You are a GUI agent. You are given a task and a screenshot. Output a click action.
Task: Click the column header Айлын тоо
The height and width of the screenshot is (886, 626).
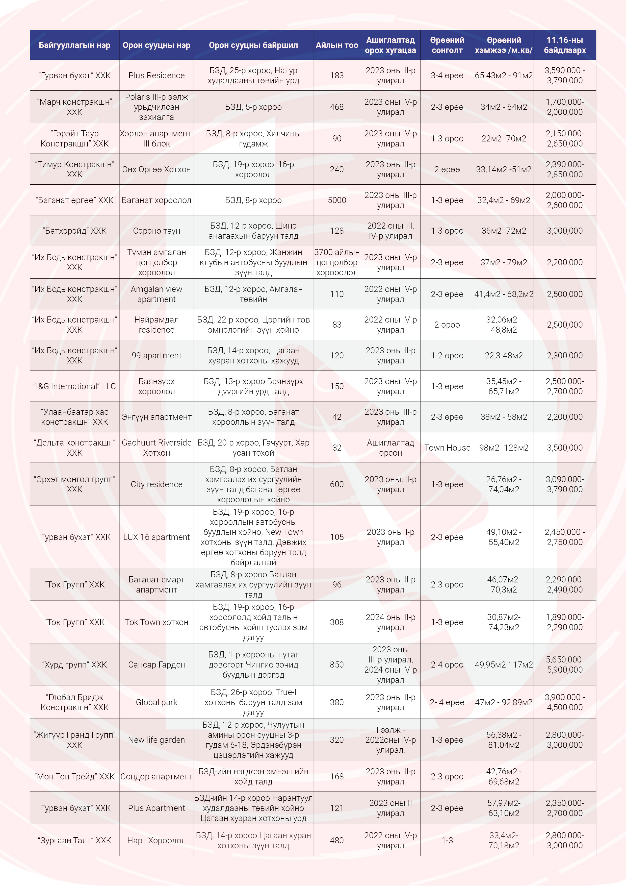pyautogui.click(x=337, y=45)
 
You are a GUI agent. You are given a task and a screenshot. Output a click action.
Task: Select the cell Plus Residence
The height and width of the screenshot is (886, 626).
pyautogui.click(x=156, y=75)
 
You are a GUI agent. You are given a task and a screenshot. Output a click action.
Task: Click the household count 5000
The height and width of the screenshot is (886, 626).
pyautogui.click(x=337, y=200)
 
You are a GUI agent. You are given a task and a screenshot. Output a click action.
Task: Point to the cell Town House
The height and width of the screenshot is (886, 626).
pyautogui.click(x=447, y=448)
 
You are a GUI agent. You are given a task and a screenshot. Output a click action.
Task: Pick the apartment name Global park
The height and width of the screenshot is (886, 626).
pyautogui.click(x=156, y=702)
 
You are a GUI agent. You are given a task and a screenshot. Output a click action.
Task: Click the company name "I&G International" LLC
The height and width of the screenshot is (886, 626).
pyautogui.click(x=74, y=386)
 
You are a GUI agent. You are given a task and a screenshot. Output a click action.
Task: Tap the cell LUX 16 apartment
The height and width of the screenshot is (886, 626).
pyautogui.click(x=156, y=537)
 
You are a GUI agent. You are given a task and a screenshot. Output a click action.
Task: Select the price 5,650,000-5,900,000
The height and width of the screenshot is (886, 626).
pyautogui.click(x=565, y=664)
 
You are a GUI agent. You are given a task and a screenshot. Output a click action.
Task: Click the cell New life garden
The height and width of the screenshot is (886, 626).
pyautogui.click(x=156, y=740)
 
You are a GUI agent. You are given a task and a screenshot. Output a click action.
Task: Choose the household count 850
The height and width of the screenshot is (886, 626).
pyautogui.click(x=337, y=664)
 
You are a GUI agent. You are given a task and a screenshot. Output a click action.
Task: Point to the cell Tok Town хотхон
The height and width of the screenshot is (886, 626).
pyautogui.click(x=156, y=622)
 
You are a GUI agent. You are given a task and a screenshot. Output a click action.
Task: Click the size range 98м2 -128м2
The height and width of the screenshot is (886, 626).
pyautogui.click(x=504, y=448)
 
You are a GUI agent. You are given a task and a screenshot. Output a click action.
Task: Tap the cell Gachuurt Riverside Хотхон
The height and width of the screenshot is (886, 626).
pyautogui.click(x=156, y=448)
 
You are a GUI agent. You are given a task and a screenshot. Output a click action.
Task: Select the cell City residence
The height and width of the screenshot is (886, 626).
pyautogui.click(x=156, y=484)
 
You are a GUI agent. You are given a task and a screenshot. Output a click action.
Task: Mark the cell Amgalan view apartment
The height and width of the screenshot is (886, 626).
pyautogui.click(x=156, y=294)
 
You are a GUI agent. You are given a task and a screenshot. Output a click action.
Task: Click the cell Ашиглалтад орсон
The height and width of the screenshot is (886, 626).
pyautogui.click(x=390, y=448)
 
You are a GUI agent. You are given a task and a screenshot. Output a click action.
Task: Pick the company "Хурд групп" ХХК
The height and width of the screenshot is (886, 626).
pyautogui.click(x=74, y=664)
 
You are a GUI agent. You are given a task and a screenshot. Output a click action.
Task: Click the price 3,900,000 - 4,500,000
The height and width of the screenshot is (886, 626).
pyautogui.click(x=565, y=702)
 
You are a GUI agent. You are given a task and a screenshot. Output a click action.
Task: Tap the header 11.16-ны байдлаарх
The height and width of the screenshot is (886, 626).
pyautogui.click(x=565, y=45)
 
